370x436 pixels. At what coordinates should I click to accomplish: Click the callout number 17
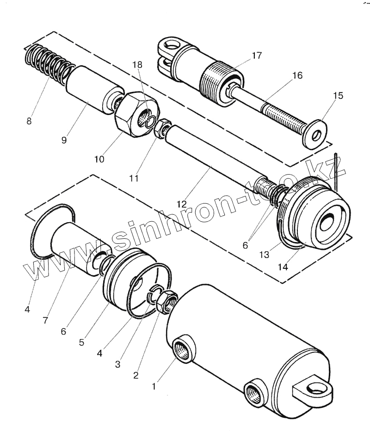click(257, 56)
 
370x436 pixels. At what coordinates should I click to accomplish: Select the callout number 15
click(338, 96)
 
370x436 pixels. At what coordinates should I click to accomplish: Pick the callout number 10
click(99, 159)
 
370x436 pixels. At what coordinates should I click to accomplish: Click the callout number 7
click(45, 320)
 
